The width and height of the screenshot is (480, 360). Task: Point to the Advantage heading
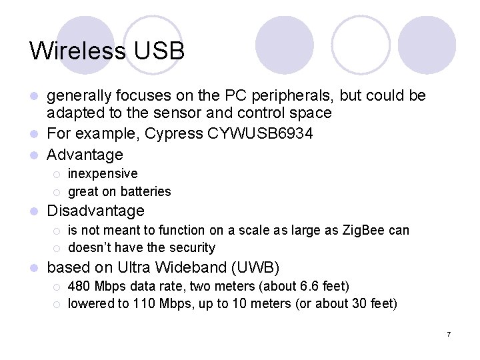pos(85,155)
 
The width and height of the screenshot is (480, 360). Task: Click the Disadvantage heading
pos(96,211)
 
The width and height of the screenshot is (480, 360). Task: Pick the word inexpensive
pos(103,173)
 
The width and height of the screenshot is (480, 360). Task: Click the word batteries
pos(145,191)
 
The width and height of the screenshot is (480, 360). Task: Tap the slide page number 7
pos(449,333)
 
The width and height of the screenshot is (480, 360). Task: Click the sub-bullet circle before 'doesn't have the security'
pos(57,249)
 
